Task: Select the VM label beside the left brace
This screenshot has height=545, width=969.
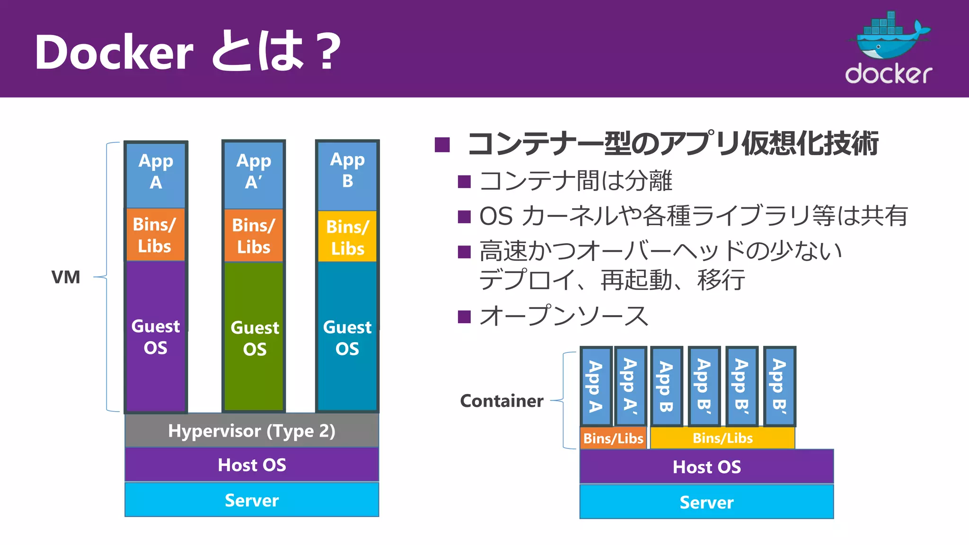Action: [x=66, y=277]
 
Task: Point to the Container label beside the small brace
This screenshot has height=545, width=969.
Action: [x=502, y=401]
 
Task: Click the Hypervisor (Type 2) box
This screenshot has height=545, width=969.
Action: [x=252, y=431]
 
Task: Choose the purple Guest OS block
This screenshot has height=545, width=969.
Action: [x=156, y=336]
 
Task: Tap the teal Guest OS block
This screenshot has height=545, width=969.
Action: [x=347, y=336]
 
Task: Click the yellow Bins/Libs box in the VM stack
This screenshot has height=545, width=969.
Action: [x=347, y=237]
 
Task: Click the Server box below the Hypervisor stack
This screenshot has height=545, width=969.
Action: [x=252, y=500]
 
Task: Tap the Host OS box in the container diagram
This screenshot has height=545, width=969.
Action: [x=706, y=467]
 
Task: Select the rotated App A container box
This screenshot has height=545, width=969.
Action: [x=596, y=386]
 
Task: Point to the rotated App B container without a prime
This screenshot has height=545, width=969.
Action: [x=666, y=386]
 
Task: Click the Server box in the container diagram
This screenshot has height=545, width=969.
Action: [x=706, y=502]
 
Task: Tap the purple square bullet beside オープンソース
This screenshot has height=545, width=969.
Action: [x=464, y=316]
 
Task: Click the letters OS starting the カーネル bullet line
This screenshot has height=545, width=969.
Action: [x=496, y=216]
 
